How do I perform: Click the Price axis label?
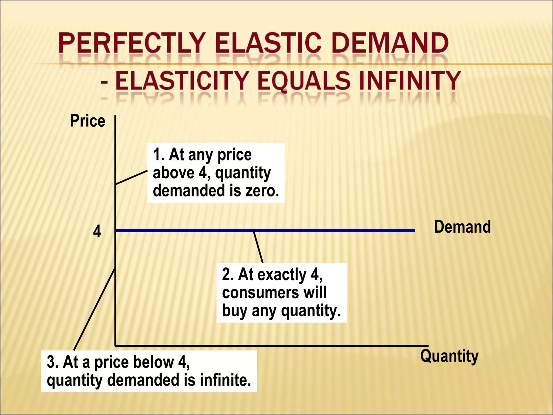(87, 121)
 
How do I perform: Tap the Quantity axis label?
(449, 356)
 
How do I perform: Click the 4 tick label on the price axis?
(97, 232)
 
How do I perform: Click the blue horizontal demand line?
(324, 230)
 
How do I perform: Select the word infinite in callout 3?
(225, 380)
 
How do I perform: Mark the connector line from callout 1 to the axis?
(131, 178)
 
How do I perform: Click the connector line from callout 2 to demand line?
(258, 247)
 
